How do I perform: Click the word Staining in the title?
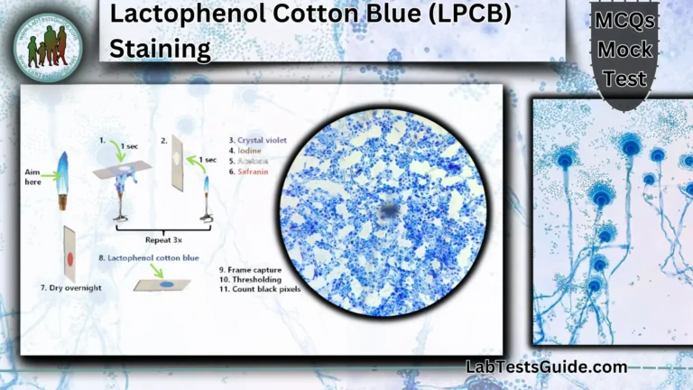161,48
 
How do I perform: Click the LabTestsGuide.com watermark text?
546,367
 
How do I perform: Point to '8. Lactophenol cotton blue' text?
150,257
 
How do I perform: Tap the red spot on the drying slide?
69,260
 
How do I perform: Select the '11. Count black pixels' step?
262,290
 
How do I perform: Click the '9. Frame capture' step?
251,269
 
